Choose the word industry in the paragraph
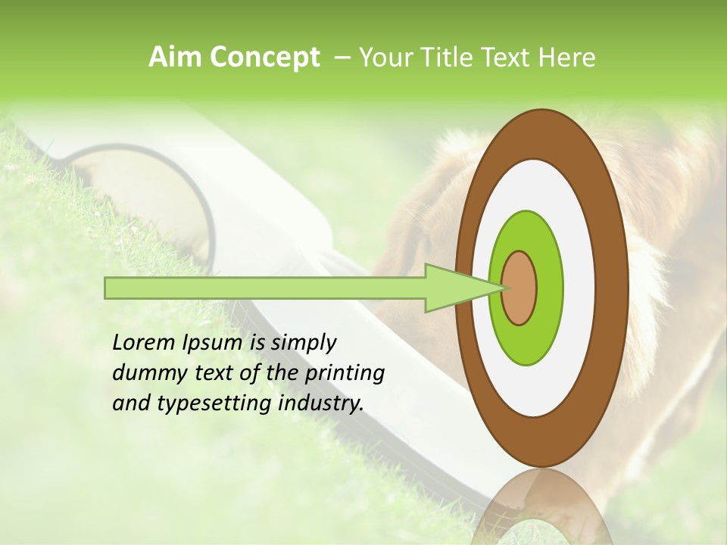pyautogui.click(x=321, y=404)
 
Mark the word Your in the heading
pyautogui.click(x=382, y=58)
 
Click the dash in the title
pyautogui.click(x=342, y=58)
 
